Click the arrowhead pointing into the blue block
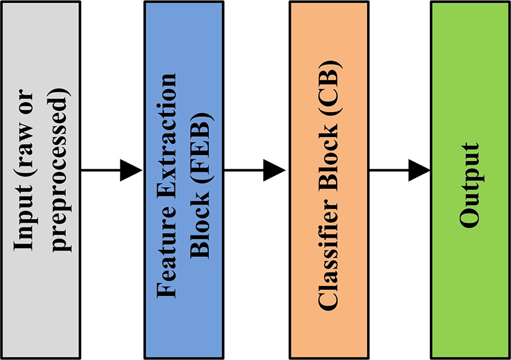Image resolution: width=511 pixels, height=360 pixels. pyautogui.click(x=132, y=170)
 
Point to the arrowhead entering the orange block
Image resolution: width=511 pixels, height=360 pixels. pyautogui.click(x=276, y=170)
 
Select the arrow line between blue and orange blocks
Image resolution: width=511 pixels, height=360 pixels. pyautogui.click(x=244, y=170)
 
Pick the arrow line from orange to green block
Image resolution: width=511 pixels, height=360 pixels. pyautogui.click(x=389, y=170)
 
